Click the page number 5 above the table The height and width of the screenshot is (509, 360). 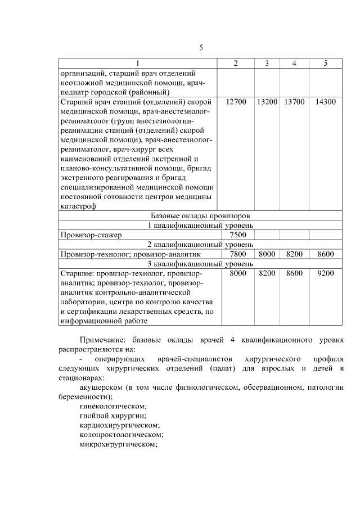pyautogui.click(x=200, y=47)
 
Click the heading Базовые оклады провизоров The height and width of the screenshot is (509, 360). pyautogui.click(x=200, y=215)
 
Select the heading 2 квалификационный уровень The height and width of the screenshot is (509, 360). pyautogui.click(x=200, y=245)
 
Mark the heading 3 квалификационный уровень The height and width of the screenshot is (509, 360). pyautogui.click(x=200, y=263)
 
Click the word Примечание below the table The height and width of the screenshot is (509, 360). pyautogui.click(x=103, y=341)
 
